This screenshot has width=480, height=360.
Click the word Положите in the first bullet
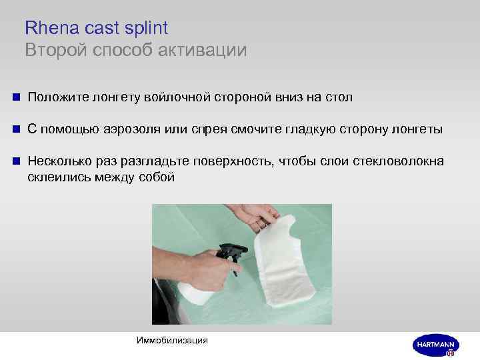pos(55,98)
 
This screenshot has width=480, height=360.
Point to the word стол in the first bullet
pos(338,98)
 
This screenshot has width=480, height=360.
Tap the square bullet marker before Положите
pos(15,98)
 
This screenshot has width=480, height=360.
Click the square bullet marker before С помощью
pos(15,129)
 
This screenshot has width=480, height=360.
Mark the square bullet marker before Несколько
pos(15,162)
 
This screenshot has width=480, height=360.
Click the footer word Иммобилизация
pos(172,341)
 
